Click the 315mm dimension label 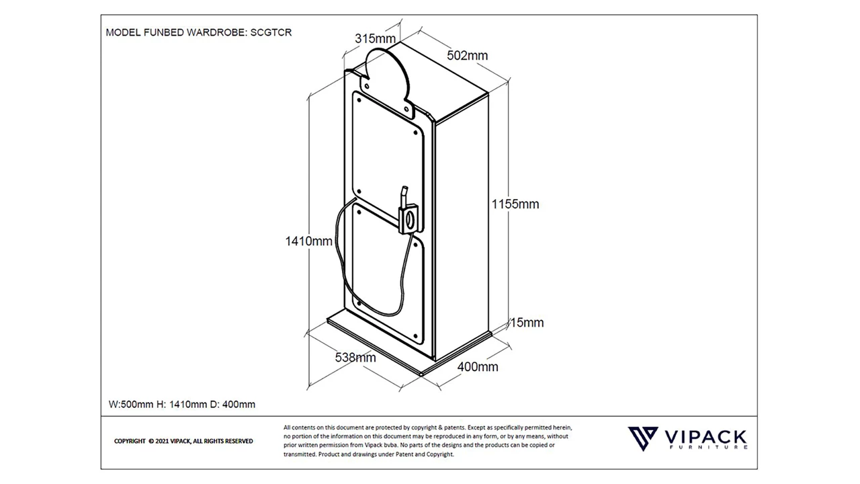click(x=375, y=38)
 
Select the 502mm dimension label click(x=468, y=55)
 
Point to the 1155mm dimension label click(x=515, y=204)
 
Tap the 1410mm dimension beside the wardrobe click(x=309, y=241)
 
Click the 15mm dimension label click(x=527, y=323)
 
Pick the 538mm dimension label click(x=355, y=358)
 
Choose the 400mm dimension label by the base click(x=478, y=366)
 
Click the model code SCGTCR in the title click(x=271, y=32)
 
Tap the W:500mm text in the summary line click(x=132, y=404)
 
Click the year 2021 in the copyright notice click(x=162, y=441)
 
